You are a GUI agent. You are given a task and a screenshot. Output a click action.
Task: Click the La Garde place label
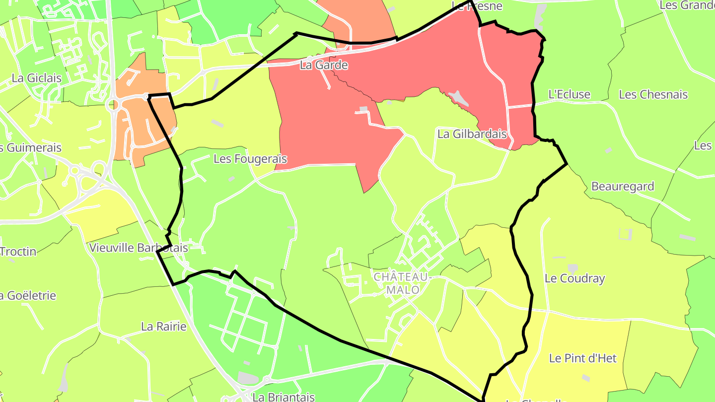click(324, 65)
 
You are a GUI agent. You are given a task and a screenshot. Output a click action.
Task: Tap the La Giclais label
click(37, 78)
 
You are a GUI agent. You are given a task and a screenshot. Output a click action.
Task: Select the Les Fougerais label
click(250, 159)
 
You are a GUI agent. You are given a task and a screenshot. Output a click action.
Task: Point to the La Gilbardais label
click(472, 134)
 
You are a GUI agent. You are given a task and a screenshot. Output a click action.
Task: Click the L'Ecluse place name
click(569, 94)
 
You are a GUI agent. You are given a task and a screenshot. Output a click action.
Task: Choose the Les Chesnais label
click(653, 94)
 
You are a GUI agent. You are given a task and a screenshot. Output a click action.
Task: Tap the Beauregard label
click(623, 187)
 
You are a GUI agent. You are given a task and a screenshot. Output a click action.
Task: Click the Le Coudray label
click(575, 278)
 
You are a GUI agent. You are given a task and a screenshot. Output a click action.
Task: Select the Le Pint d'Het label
click(583, 358)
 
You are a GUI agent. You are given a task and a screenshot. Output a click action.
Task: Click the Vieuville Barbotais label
click(139, 248)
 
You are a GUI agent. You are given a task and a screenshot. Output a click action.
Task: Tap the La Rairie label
click(164, 327)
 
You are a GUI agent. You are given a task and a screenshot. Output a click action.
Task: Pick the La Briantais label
click(284, 397)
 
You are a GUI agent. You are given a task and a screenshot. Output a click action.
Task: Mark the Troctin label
click(18, 252)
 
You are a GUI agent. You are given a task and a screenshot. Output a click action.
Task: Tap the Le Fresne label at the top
click(477, 6)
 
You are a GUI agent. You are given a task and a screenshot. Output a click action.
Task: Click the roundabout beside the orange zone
click(113, 104)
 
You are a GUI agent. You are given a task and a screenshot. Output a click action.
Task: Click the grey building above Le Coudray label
click(573, 268)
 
